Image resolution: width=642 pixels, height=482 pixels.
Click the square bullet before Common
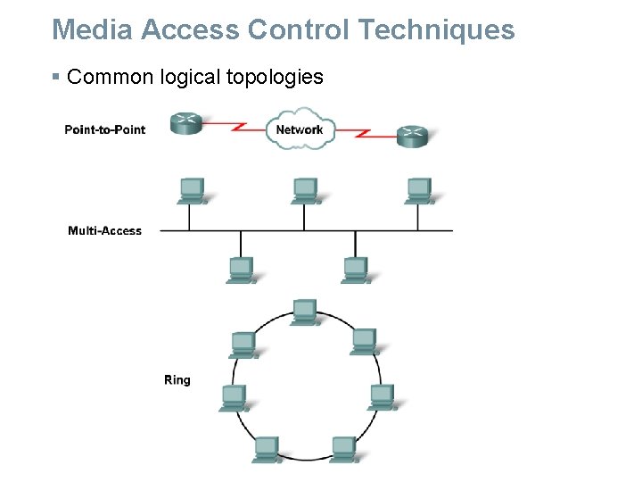point(56,78)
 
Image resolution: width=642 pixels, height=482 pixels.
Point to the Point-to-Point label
point(104,129)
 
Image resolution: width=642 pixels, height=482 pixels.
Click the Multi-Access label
point(104,231)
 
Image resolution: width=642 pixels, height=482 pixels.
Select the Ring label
point(177,380)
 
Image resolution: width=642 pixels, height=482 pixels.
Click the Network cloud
point(299,129)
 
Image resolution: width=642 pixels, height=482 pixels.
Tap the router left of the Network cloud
point(187,123)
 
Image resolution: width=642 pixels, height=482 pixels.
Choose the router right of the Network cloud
point(412,136)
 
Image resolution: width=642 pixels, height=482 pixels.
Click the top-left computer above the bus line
point(192,190)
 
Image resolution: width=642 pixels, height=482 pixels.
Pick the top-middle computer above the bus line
point(305,190)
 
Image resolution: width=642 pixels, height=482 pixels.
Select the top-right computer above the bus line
point(418,190)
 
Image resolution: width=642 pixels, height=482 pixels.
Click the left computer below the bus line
point(241,269)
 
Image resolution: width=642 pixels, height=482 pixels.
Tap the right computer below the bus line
point(356,269)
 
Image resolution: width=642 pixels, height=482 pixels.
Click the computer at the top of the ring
point(304,312)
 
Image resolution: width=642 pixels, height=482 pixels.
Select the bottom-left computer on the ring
point(266,449)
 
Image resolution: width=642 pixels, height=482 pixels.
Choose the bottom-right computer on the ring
point(343,449)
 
